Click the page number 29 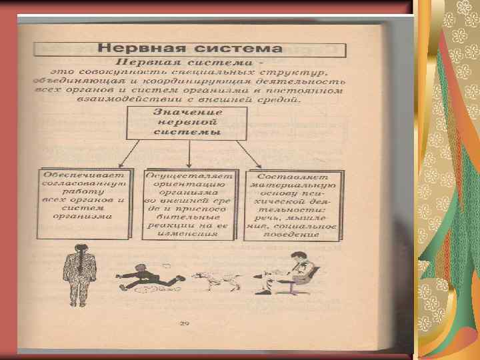pyautogui.click(x=184, y=325)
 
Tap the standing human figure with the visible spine pyautogui.click(x=80, y=269)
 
